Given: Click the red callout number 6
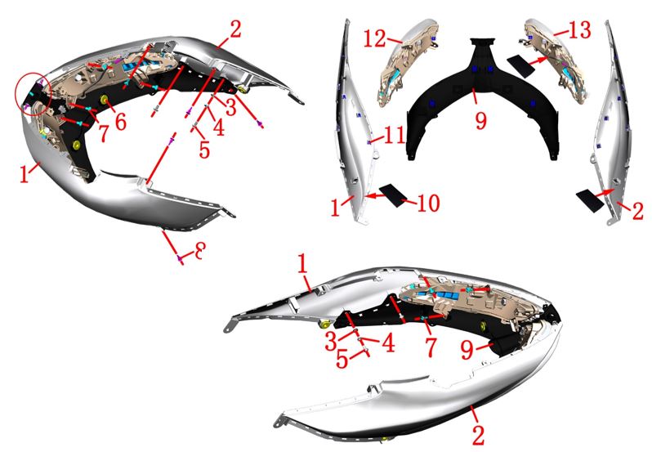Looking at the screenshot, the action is (121, 122).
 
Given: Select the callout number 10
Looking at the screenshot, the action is (428, 204).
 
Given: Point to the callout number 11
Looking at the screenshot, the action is (393, 134).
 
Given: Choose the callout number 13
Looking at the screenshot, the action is (578, 30).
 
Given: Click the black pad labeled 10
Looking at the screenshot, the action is (393, 195).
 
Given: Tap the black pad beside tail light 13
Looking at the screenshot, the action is (521, 65).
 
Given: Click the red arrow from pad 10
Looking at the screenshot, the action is (374, 195).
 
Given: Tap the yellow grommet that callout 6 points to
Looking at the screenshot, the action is (103, 100).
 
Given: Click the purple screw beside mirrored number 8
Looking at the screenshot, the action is (180, 258).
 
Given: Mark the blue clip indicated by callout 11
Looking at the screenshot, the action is (368, 142).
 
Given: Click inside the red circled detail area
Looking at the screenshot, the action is (33, 93).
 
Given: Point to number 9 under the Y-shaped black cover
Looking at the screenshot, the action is (481, 121).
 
